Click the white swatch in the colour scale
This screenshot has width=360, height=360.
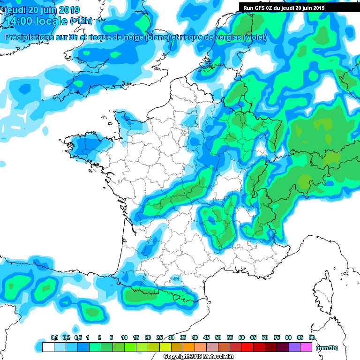click(48, 347)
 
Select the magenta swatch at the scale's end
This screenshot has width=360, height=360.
click(306, 347)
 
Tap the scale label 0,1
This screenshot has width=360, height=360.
click(54, 338)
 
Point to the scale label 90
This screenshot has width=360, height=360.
click(312, 338)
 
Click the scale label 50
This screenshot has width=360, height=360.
click(218, 338)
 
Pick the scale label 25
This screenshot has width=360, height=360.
click(159, 338)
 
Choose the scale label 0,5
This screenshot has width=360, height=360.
click(78, 338)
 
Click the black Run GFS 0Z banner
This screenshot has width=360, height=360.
click(284, 7)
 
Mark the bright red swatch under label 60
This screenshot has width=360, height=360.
click(247, 347)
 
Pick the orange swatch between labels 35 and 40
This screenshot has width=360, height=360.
click(189, 347)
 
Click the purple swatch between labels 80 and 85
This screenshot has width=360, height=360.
click(294, 347)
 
